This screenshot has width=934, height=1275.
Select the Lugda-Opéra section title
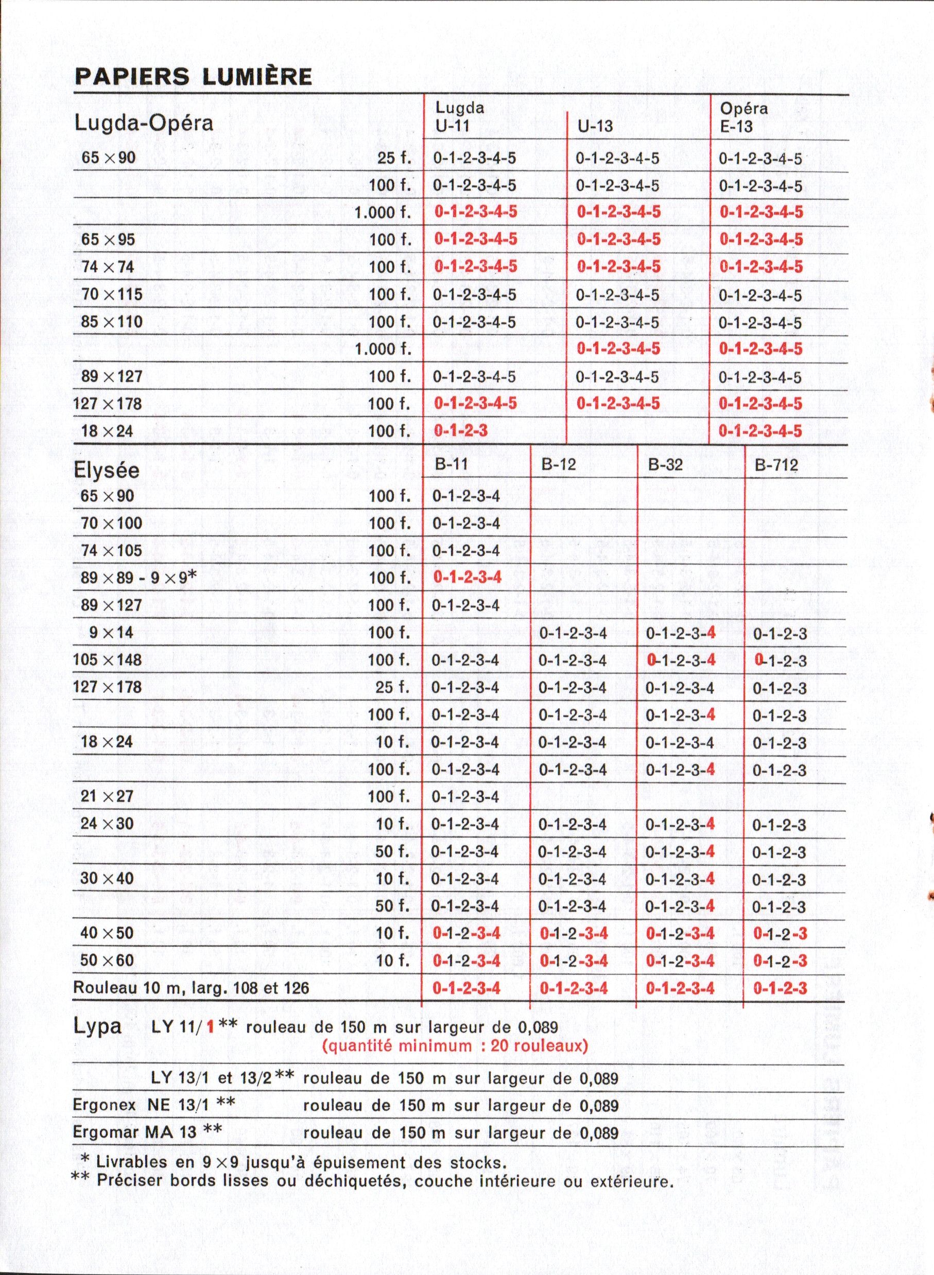[144, 123]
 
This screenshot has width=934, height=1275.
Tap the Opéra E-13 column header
[744, 117]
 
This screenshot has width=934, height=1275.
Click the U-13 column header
[595, 126]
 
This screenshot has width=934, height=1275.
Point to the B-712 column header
[776, 465]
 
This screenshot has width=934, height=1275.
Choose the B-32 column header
[665, 465]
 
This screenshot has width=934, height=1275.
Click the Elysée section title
[106, 470]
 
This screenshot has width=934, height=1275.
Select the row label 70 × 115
[112, 294]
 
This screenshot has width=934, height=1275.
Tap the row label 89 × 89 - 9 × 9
[139, 577]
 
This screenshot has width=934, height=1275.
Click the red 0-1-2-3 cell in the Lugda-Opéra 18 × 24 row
[460, 431]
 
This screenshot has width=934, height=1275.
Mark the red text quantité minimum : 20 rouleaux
[455, 1045]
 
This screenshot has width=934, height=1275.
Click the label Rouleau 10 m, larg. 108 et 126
[191, 988]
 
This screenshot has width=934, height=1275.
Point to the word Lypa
[97, 1026]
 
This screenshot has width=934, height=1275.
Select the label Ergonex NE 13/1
[154, 1103]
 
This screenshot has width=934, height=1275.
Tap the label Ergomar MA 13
[147, 1130]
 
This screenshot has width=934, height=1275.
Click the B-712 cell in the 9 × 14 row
[780, 634]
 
